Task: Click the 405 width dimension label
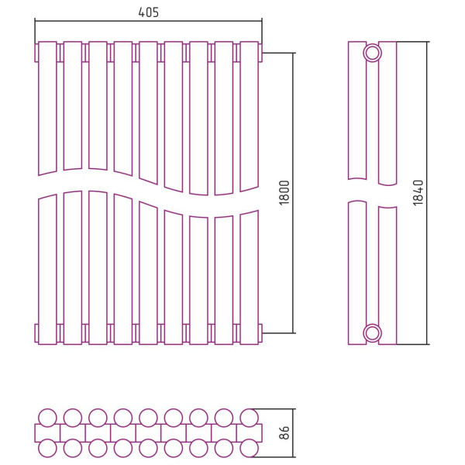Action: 148,12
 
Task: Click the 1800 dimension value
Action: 284,193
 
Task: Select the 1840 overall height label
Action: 418,193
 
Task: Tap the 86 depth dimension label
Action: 284,432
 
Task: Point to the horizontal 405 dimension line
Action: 148,21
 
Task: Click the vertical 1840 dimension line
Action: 427,193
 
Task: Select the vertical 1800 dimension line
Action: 293,193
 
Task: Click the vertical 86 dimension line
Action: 293,432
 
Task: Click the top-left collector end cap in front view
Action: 36,53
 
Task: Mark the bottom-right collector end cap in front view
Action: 260,333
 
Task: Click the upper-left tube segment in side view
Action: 357,110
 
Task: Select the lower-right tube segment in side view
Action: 387,275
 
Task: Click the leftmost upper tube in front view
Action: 47,108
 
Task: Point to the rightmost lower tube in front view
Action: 250,277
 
